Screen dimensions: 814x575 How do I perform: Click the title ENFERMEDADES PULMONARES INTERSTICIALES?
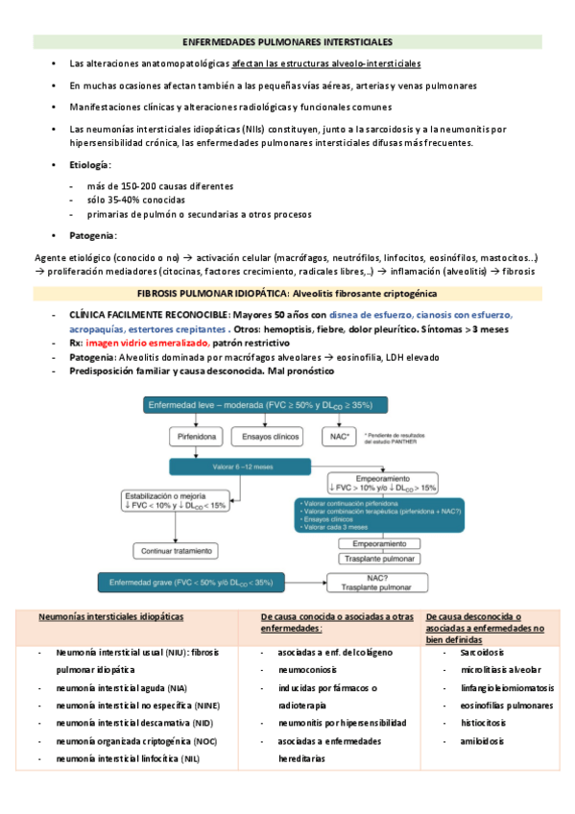(287, 43)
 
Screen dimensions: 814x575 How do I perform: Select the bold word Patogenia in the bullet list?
(92, 235)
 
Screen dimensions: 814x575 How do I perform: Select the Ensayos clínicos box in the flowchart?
(264, 435)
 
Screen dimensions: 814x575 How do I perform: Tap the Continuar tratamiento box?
(180, 550)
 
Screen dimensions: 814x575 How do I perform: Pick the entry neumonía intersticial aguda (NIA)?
(122, 687)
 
